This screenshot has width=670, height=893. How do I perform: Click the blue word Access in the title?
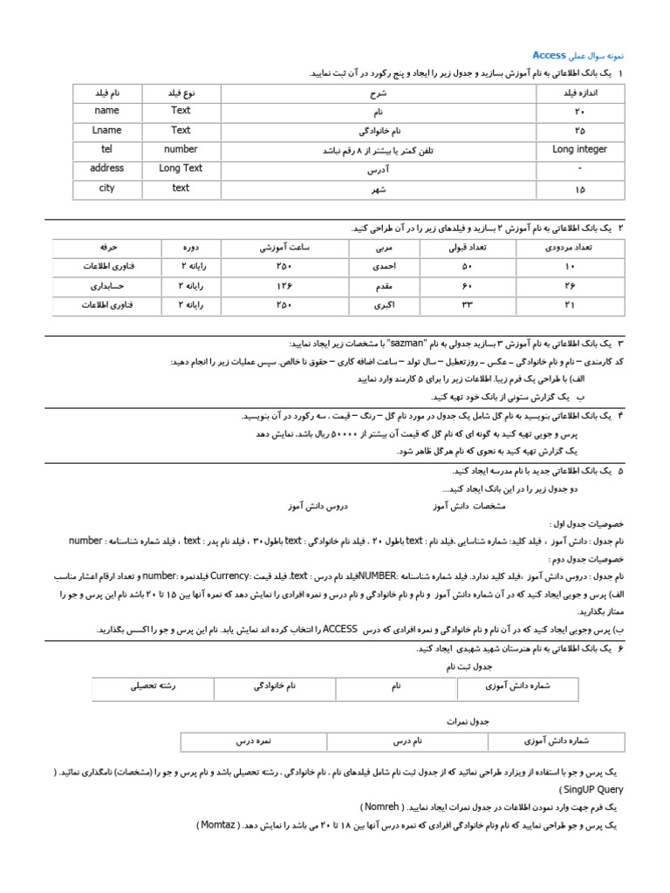tap(549, 55)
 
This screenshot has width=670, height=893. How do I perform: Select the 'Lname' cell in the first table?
tap(106, 130)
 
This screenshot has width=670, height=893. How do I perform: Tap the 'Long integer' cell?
tap(580, 149)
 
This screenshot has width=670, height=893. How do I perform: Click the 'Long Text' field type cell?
tap(181, 168)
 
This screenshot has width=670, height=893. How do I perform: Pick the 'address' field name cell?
tap(106, 168)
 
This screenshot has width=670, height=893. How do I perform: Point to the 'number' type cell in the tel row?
tap(181, 149)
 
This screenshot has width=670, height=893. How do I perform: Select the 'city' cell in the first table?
tap(106, 187)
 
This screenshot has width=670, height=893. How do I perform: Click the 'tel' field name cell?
tap(106, 149)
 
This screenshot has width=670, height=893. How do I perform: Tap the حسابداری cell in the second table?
tap(107, 285)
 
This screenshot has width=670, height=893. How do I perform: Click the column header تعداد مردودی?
tap(570, 248)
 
